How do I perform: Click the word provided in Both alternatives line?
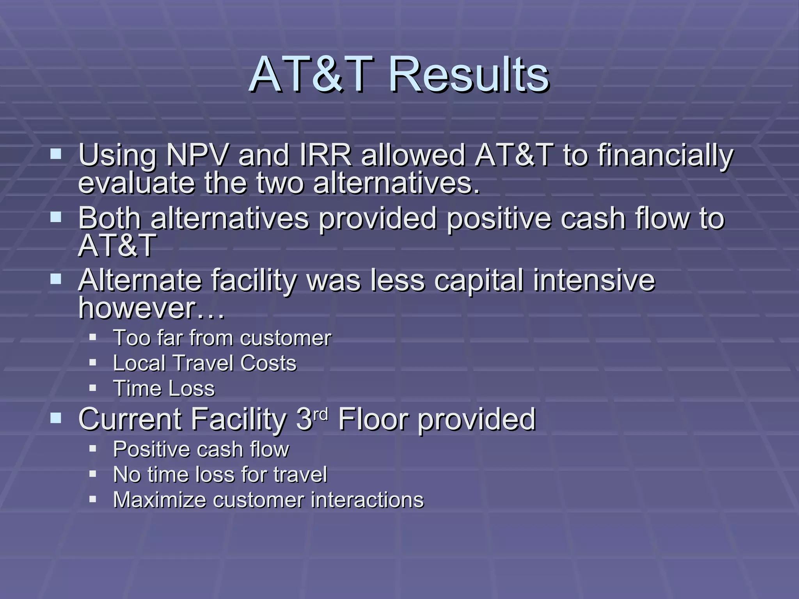(x=378, y=218)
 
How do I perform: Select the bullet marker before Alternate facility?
(x=56, y=279)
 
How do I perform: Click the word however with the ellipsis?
(x=151, y=308)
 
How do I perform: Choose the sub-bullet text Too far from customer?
(x=222, y=338)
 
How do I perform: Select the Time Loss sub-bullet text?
(x=164, y=388)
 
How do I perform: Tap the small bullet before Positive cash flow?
(x=92, y=448)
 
